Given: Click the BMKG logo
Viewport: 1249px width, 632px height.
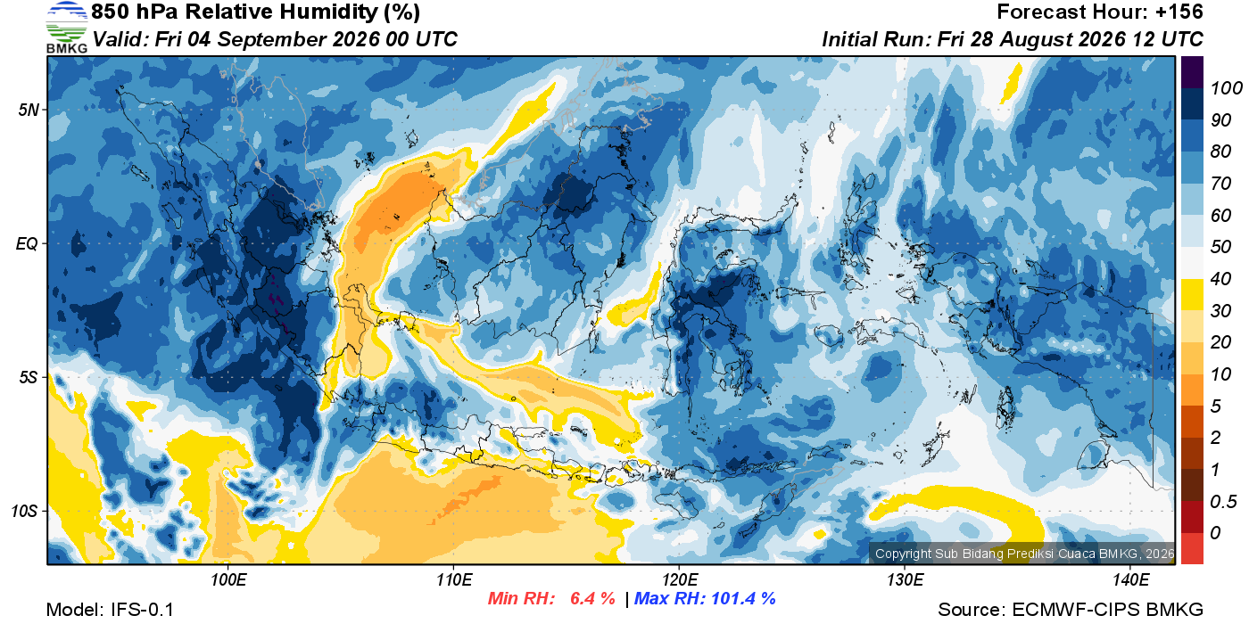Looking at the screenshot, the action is coord(67,28).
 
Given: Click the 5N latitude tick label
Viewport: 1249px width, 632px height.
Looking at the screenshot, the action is coord(29,110).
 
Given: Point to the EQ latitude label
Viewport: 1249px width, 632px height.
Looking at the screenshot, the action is coord(27,243).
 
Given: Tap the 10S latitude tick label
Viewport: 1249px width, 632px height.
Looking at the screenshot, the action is coord(24,511).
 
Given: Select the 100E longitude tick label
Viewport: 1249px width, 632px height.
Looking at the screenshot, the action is coord(228,579).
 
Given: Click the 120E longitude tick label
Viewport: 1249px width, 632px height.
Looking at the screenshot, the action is coord(679,579).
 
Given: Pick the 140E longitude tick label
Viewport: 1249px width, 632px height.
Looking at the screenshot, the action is coord(1130,579).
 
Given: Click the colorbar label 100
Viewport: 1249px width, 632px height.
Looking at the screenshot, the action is coord(1226,88).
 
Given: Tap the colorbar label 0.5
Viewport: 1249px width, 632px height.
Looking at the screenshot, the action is coord(1223,502).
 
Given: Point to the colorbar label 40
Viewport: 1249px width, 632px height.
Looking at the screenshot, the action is coord(1220,279).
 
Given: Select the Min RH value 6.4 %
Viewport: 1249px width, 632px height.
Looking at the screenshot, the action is coord(592,598).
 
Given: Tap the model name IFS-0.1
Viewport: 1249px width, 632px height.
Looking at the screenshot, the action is coord(142,610).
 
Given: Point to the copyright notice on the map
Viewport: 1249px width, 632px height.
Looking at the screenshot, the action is coord(1024,554).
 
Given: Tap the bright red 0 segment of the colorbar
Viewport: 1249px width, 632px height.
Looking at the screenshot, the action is coord(1192,548).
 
